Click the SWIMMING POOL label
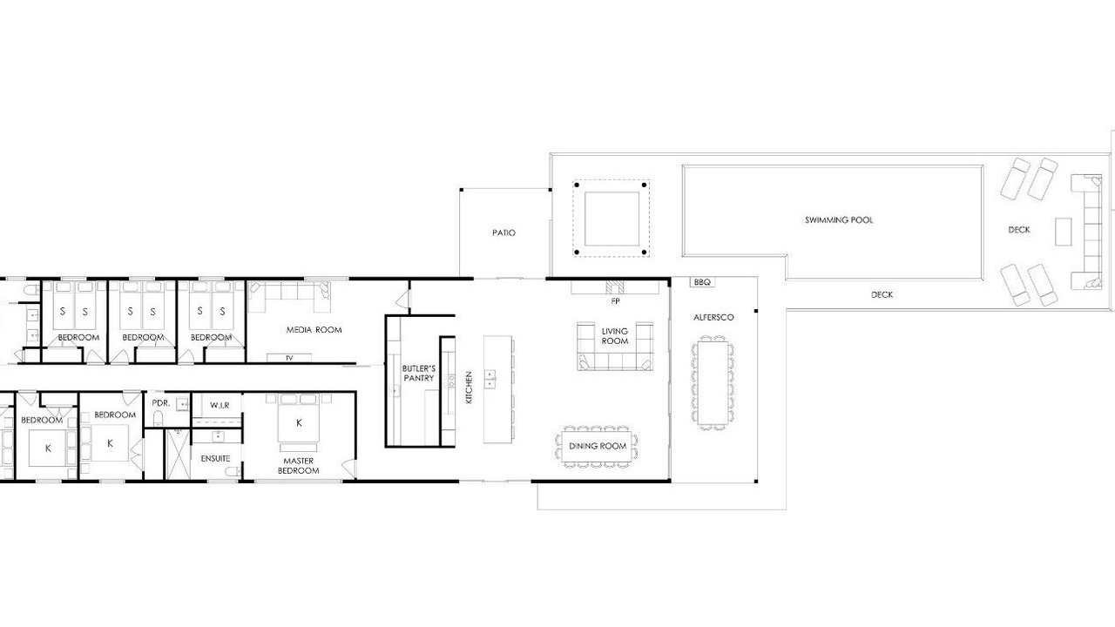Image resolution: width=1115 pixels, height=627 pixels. (839, 220)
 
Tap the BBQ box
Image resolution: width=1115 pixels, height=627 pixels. (702, 282)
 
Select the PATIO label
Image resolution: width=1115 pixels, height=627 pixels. (503, 233)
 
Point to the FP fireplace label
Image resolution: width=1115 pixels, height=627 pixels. (615, 301)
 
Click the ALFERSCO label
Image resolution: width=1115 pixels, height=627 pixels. (713, 317)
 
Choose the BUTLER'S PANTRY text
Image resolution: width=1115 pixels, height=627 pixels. (419, 374)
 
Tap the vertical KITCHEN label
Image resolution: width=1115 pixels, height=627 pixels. (469, 388)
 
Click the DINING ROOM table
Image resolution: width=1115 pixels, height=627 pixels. (597, 447)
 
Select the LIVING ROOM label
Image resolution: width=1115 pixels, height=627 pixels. (615, 336)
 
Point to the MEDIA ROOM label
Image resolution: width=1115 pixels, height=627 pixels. (314, 329)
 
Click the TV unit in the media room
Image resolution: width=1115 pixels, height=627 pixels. (289, 357)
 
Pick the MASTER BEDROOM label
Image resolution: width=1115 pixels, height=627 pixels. (298, 466)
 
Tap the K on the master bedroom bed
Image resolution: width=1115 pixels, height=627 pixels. (299, 423)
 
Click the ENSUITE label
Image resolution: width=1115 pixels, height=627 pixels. (215, 458)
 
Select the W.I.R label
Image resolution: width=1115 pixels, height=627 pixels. (220, 406)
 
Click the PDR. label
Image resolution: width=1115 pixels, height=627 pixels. (161, 402)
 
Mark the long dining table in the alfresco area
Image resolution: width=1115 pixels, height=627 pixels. (713, 383)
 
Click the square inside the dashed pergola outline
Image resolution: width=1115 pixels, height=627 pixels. (612, 219)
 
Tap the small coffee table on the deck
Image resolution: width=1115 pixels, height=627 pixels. (1064, 232)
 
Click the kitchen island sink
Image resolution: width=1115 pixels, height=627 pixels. (490, 378)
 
